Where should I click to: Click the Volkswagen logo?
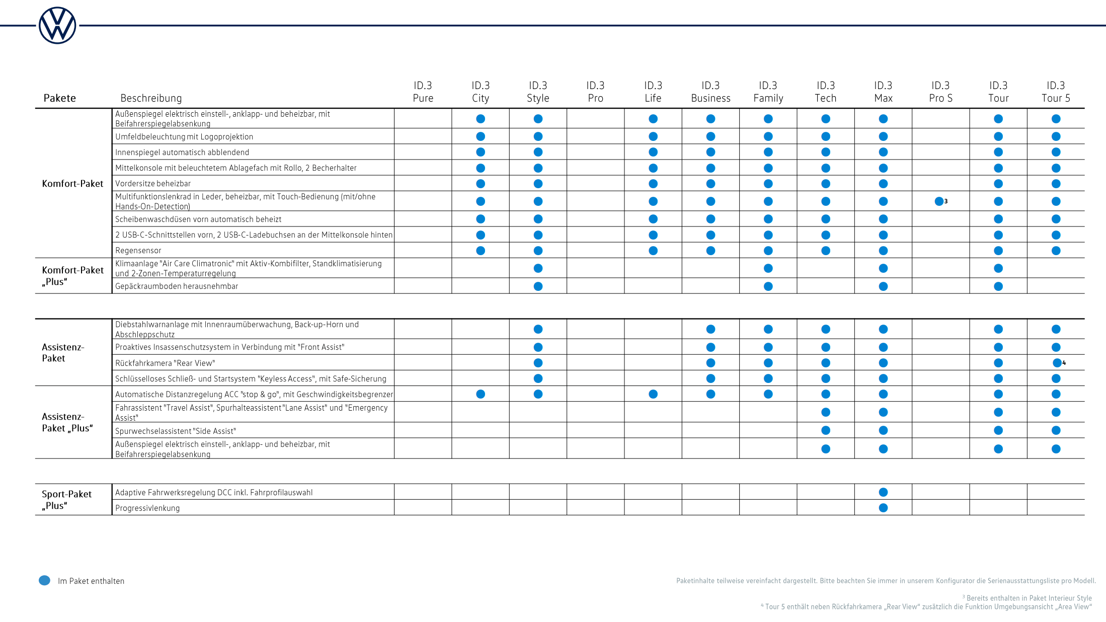point(57,26)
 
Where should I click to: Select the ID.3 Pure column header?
point(423,92)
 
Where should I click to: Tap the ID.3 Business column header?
point(710,92)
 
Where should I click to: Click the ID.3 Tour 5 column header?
point(1056,92)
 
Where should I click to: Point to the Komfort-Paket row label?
point(72,184)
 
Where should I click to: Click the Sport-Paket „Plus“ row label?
point(66,500)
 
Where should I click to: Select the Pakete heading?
point(59,98)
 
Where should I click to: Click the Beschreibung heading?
point(151,98)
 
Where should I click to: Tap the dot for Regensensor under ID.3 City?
point(481,251)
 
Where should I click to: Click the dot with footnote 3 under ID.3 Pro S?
point(939,201)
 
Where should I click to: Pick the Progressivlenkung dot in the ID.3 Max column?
point(883,508)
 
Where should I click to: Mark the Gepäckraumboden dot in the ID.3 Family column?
point(768,286)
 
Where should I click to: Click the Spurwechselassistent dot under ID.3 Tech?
point(826,430)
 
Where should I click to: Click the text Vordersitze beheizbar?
point(153,184)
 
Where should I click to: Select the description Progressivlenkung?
point(147,508)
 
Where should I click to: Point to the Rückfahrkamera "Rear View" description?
point(165,363)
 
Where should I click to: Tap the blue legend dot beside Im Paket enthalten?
point(44,580)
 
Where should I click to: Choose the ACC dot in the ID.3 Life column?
point(653,394)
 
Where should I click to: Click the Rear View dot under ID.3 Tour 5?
point(1057,363)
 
